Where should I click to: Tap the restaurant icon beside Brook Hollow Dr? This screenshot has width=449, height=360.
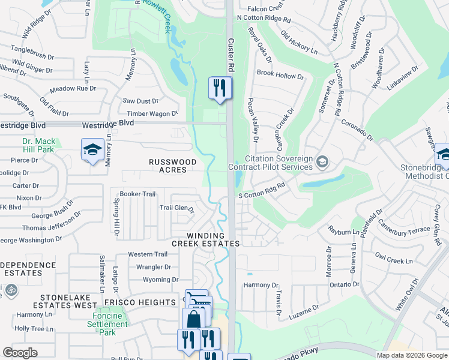(220, 88)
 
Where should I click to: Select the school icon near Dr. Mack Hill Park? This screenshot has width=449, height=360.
(92, 151)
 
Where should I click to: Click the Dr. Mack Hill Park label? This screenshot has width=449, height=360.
(39, 145)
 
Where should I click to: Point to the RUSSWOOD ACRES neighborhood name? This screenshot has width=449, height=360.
(173, 167)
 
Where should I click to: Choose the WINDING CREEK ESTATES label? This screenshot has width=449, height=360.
(205, 239)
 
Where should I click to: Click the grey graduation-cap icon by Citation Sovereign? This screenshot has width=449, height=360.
(322, 161)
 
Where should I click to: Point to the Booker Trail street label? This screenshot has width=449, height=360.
(137, 194)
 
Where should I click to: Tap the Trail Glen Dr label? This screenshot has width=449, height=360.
(176, 208)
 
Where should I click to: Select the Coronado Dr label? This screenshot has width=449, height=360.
(357, 129)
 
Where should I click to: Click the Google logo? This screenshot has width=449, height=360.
(20, 353)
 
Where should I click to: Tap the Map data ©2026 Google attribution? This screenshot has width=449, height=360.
(411, 355)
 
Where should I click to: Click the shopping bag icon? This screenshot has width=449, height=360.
(193, 319)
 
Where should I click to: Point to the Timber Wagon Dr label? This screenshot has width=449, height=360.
(152, 113)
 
